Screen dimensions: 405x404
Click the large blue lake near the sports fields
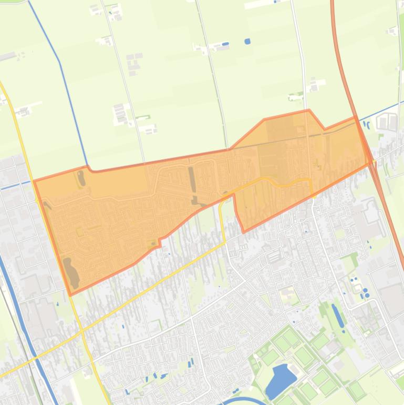pyautogui.click(x=279, y=380)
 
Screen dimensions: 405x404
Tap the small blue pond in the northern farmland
pyautogui.click(x=247, y=41)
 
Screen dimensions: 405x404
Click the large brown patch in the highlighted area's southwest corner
pyautogui.click(x=70, y=272)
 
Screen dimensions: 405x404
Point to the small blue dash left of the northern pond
pyautogui.click(x=226, y=44)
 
